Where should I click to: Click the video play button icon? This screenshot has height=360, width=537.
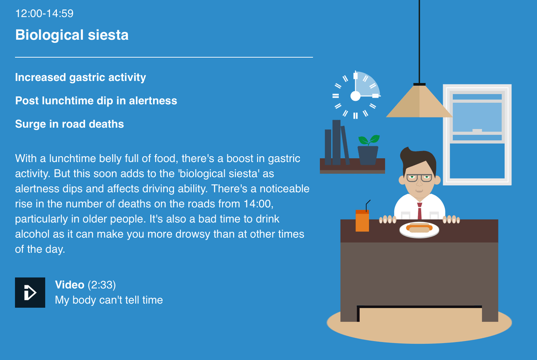coord(30,292)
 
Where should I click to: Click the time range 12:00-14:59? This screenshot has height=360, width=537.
coord(44,13)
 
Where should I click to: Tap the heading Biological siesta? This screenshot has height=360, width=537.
coord(72,35)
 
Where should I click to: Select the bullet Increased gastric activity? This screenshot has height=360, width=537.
coord(81,77)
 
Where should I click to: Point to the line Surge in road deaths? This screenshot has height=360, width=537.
coord(69,124)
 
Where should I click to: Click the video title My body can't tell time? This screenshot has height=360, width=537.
coord(109,300)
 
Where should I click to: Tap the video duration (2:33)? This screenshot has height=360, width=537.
coord(102,285)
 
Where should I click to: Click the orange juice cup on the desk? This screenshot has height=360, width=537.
coord(362,221)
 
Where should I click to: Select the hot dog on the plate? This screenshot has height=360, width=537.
coord(419,227)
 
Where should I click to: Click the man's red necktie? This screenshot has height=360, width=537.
coord(420,211)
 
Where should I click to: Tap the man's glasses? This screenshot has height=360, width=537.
coord(419,178)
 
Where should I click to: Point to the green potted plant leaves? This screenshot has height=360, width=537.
coord(369,140)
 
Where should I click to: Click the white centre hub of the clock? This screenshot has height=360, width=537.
coord(355,96)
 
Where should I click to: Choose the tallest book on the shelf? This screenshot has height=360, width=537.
coord(337,142)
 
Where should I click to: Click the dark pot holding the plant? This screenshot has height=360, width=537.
coord(368,155)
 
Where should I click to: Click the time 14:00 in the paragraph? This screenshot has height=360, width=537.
coord(259,204)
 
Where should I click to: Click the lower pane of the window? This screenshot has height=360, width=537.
coord(477,161)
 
